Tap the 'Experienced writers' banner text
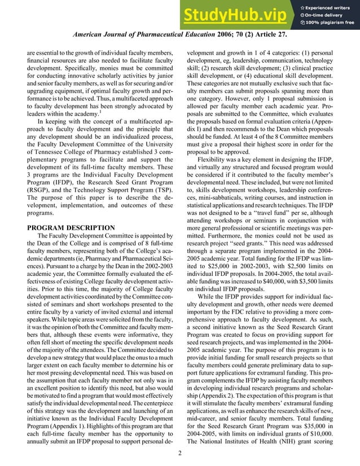pos(331,6)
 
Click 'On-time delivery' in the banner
pos(328,15)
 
